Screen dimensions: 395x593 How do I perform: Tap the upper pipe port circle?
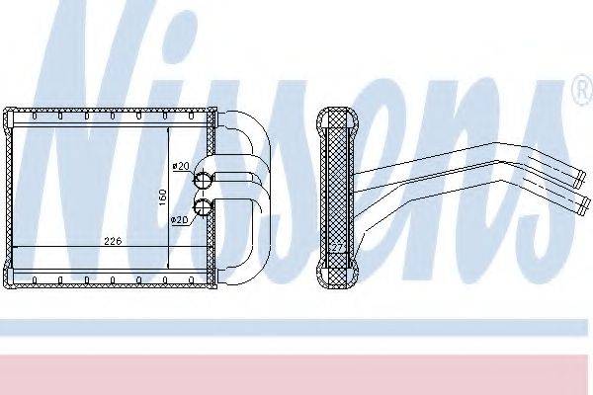(203, 180)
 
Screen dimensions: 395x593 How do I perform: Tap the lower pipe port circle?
(203, 206)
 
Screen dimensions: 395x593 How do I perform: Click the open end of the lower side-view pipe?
(583, 205)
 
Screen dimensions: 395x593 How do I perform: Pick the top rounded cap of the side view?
(336, 114)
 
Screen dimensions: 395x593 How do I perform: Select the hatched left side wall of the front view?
(11, 197)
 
